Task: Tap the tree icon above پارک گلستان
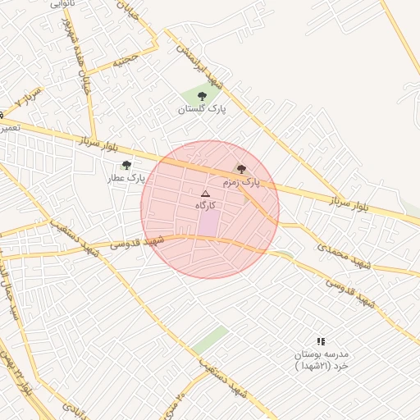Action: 202,97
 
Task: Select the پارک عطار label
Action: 130,176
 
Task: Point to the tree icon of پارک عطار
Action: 126,165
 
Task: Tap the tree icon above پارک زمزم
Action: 240,168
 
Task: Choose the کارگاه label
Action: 206,204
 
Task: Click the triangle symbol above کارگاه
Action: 205,194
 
